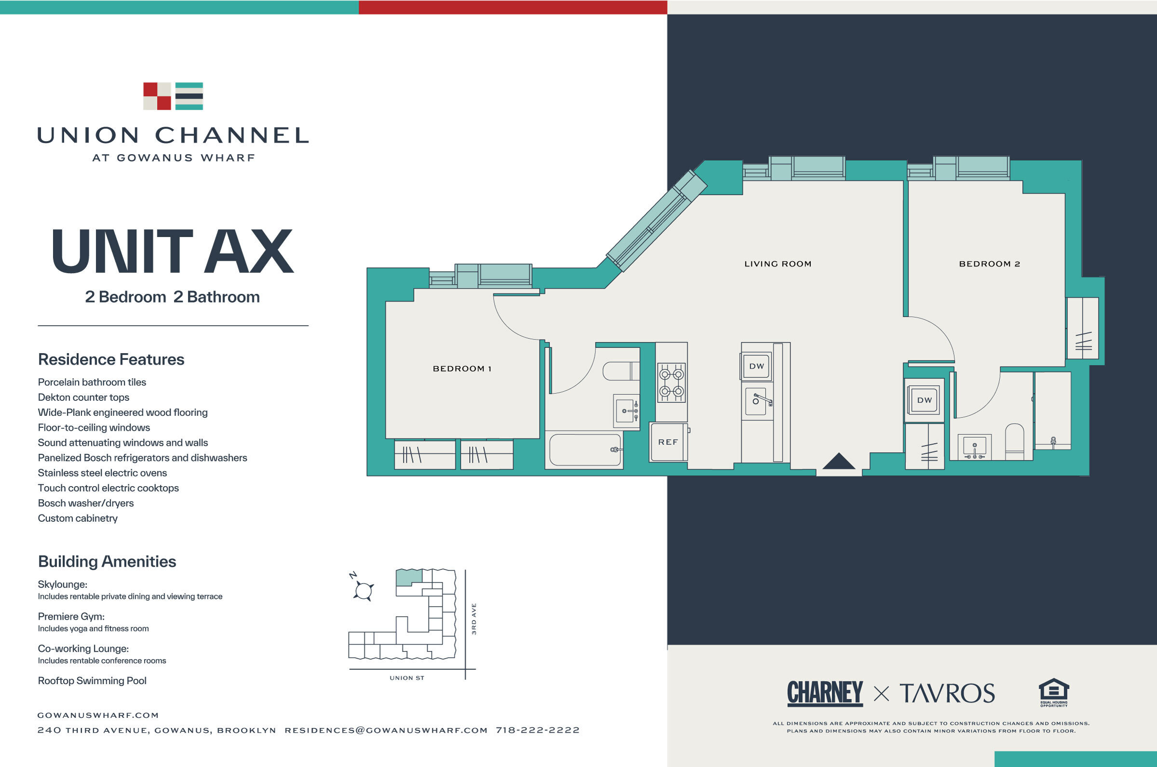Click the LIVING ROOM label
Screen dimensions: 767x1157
778,264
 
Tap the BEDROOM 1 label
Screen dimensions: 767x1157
461,369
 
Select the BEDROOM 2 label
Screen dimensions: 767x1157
989,264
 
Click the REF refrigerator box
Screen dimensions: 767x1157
668,442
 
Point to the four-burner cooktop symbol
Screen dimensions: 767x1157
671,383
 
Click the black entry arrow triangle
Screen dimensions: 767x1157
838,462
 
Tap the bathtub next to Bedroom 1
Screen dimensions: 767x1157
585,450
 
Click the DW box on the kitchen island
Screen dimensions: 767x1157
756,366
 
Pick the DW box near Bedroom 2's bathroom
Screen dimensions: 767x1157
924,400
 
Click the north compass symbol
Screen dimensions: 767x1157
363,589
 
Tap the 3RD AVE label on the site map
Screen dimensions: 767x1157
474,619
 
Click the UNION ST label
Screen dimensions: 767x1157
407,678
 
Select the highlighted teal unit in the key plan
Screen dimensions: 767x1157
408,577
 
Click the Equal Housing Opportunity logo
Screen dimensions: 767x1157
1054,692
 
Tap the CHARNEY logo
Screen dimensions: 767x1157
825,693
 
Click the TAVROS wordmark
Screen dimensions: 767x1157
947,693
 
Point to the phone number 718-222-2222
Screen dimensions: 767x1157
538,730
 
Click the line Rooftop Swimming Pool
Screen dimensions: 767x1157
92,680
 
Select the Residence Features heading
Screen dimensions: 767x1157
111,359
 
